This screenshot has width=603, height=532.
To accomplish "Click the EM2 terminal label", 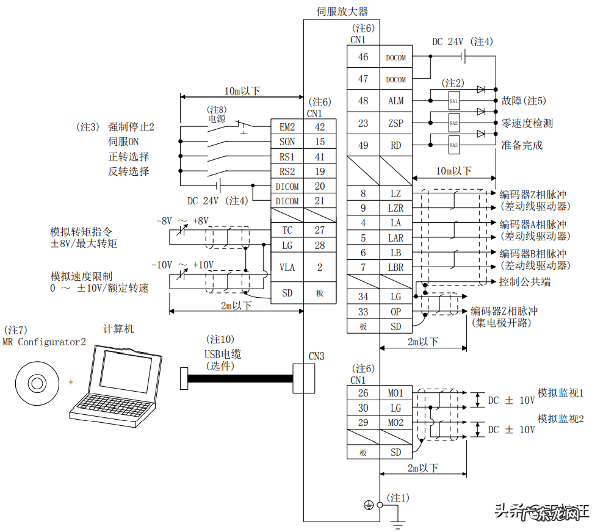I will click(x=287, y=127).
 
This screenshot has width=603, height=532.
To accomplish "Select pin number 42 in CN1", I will click(x=320, y=127).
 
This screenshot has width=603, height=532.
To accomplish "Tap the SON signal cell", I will click(x=287, y=142).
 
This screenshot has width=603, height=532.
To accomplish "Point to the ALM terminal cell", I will click(x=396, y=101).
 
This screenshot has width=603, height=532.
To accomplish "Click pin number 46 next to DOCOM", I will click(x=363, y=57).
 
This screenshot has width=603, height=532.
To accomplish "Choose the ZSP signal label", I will click(x=396, y=123).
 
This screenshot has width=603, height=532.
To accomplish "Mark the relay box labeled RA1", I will click(x=453, y=101).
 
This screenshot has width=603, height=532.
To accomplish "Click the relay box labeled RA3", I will click(x=453, y=145).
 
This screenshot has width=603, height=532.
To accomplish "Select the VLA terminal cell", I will click(x=287, y=267).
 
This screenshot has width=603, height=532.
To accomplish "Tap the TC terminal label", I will click(x=287, y=230).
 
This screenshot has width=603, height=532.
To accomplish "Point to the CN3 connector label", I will click(x=316, y=356).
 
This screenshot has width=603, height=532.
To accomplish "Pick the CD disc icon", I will click(x=37, y=383).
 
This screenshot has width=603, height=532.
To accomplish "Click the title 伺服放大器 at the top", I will click(x=342, y=11).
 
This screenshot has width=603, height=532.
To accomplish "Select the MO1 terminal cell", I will click(x=396, y=393).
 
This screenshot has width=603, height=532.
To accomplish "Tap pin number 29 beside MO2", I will click(x=363, y=422).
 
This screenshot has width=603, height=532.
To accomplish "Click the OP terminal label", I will click(x=396, y=312).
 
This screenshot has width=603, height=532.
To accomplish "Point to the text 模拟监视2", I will click(x=560, y=419).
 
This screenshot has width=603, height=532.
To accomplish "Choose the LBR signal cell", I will click(x=396, y=267).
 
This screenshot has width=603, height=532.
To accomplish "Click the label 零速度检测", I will click(x=527, y=123).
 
